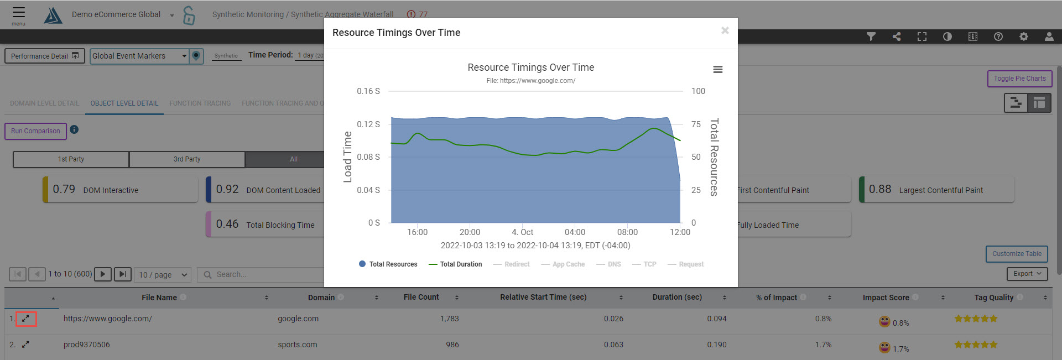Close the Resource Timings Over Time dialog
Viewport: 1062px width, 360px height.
[725, 30]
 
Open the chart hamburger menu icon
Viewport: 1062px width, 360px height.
[717, 70]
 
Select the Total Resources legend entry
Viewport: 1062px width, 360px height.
[388, 264]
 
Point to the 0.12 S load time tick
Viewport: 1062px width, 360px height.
[368, 124]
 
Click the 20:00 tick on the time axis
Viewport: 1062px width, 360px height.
[470, 232]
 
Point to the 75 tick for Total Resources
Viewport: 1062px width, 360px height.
[696, 124]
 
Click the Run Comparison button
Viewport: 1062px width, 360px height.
[35, 131]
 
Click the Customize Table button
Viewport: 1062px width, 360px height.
[1016, 254]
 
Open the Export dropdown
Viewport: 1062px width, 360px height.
[1027, 274]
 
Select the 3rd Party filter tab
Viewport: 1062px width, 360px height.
[187, 159]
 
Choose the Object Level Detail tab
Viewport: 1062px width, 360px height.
[124, 103]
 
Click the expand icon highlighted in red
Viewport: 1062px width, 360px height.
[25, 319]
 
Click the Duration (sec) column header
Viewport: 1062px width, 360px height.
[676, 298]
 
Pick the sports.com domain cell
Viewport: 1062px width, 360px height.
[298, 345]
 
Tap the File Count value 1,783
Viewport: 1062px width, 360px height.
[449, 319]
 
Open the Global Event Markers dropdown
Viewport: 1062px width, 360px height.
[139, 56]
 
